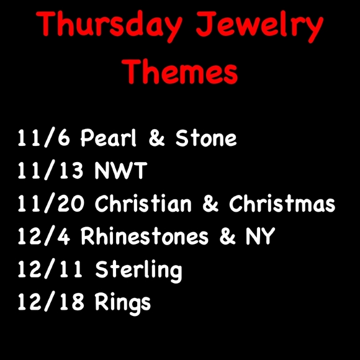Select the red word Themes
[x=180, y=72]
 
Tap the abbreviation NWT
[x=122, y=172]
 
